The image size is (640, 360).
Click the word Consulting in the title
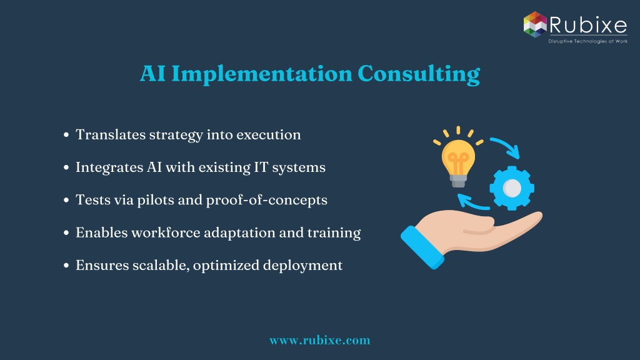[x=419, y=74]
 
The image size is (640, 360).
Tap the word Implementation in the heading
[x=262, y=74]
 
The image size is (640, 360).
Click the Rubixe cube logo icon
[x=535, y=24]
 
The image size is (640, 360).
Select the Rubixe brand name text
[x=588, y=24]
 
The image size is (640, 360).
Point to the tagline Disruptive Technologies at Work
[x=587, y=41]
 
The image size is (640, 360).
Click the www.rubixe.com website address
[x=319, y=340]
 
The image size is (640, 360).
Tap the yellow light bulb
[x=458, y=157]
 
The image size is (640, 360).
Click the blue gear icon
[x=512, y=188]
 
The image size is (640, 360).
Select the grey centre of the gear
[x=512, y=188]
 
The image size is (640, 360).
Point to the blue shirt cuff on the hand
[x=422, y=247]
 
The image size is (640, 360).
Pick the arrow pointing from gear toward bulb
[x=472, y=202]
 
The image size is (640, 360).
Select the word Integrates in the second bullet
[x=109, y=167]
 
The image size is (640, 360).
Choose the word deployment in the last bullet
[x=302, y=266]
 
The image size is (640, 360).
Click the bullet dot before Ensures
[x=66, y=266]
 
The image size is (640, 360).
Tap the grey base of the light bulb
[x=458, y=181]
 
